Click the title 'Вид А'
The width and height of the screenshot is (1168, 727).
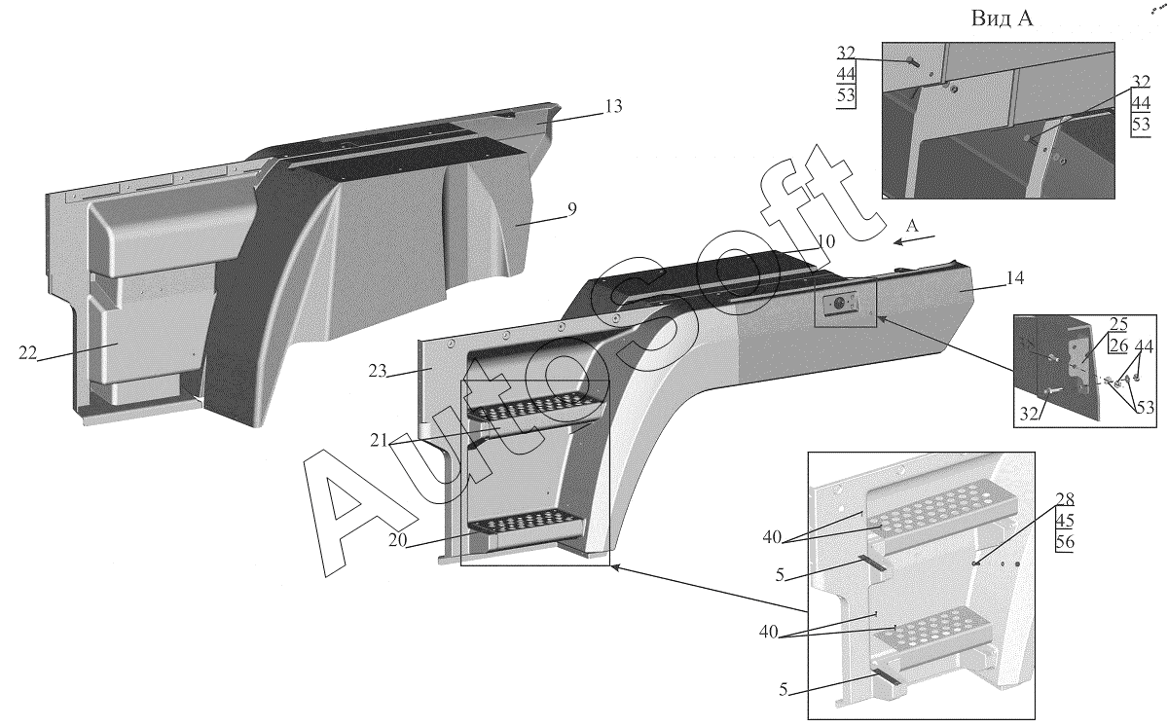(x=1002, y=19)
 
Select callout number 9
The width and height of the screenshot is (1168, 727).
(x=572, y=207)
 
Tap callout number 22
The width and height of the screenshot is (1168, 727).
(x=26, y=354)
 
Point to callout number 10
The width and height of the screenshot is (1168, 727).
(x=825, y=240)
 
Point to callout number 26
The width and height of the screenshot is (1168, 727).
(x=1117, y=371)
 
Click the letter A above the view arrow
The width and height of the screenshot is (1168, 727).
(x=912, y=225)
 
